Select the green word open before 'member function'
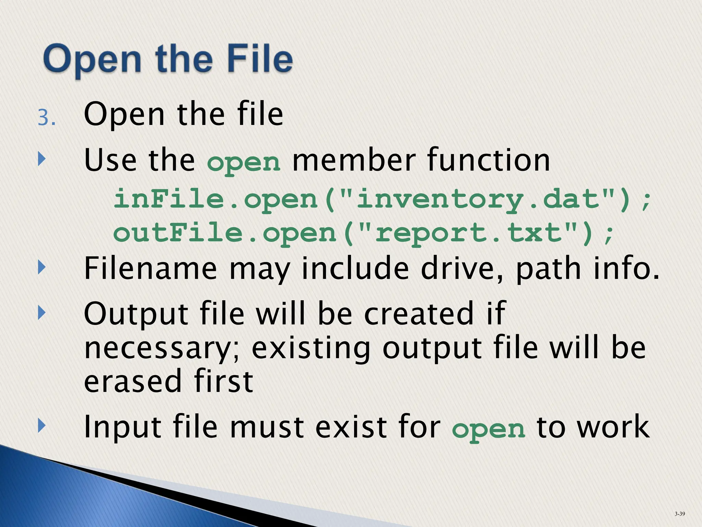click(x=244, y=162)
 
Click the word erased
click(x=132, y=381)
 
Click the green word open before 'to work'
click(x=488, y=430)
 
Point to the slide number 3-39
click(x=680, y=514)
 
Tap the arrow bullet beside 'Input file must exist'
click(x=41, y=426)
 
